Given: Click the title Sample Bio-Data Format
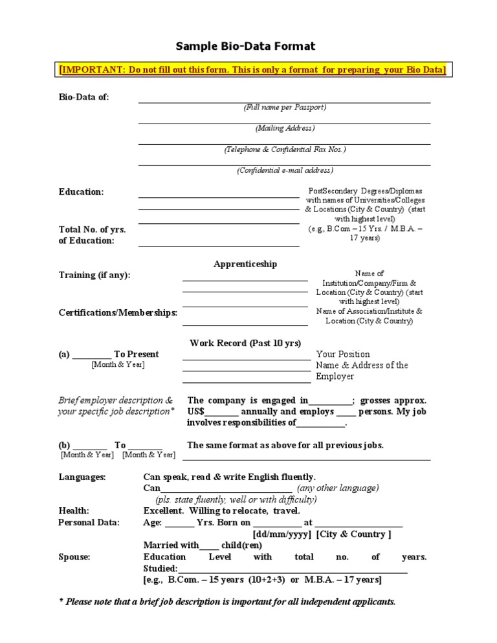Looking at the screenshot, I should point(246,46).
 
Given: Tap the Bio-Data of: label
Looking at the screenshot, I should point(84,97).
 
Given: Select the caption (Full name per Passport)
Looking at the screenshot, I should point(285,107).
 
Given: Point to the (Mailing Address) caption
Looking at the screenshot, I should point(285,128).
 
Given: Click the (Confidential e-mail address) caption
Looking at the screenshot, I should point(285,170).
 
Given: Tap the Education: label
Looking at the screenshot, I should point(81,191).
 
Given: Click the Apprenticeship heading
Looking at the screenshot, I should point(245,264).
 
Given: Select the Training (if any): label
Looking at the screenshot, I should point(94,275).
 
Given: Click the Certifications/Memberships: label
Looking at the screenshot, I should point(118,312).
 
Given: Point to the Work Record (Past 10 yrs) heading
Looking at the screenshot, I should point(245,343).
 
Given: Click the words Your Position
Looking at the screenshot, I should point(343,354).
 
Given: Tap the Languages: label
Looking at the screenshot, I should point(82,477).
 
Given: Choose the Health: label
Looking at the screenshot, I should point(74,510).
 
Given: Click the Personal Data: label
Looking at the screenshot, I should point(89,522).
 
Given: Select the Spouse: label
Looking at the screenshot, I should point(74,556).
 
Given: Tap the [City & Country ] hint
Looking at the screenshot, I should point(353,534).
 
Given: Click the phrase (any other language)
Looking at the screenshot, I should point(338,488).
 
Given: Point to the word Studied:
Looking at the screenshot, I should point(160,568).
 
